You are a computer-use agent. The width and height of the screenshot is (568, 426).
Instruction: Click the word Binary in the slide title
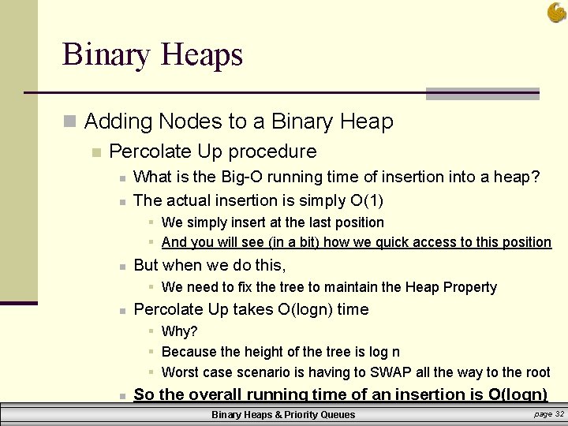click(x=108, y=55)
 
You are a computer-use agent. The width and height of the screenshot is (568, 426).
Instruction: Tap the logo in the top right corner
click(x=555, y=12)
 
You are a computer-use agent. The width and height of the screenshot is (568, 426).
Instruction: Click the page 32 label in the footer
click(x=548, y=413)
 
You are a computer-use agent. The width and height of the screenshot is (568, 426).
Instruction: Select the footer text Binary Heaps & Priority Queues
click(x=283, y=414)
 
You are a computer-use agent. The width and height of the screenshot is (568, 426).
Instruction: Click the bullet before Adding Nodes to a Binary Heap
click(x=70, y=122)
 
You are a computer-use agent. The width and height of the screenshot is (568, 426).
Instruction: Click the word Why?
click(x=179, y=331)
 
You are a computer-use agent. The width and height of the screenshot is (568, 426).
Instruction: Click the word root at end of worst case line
click(x=534, y=372)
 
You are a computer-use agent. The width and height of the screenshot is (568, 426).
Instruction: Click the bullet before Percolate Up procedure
click(x=96, y=152)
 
